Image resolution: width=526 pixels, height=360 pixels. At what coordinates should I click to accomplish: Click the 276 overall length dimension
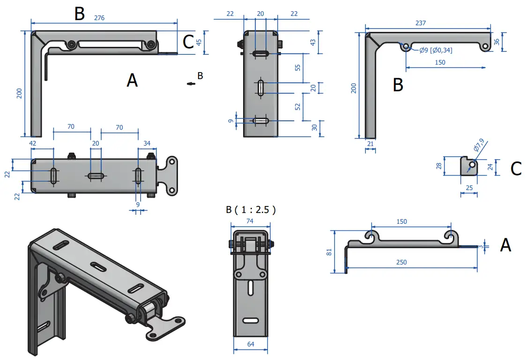[99, 18]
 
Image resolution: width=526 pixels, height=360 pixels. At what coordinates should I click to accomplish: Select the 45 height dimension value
[199, 42]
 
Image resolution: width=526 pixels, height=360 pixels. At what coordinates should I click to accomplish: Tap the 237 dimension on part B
[427, 23]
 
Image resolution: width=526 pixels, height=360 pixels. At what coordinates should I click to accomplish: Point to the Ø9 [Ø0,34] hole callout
[436, 50]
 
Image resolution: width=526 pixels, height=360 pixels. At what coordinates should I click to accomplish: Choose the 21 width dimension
[370, 144]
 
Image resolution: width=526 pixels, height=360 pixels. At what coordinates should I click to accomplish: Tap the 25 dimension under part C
[469, 187]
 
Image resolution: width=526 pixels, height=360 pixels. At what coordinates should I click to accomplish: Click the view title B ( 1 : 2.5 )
[251, 209]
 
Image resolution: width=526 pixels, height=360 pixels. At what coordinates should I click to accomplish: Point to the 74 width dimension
[250, 221]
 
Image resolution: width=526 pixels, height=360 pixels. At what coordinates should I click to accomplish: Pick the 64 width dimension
[250, 345]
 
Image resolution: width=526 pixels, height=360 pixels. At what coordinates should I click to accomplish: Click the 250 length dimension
[401, 262]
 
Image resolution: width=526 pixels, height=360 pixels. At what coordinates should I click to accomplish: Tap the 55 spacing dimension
[298, 67]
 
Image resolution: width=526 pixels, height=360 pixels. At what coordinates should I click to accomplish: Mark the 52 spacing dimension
[298, 106]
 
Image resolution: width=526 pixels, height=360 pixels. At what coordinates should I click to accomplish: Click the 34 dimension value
[147, 143]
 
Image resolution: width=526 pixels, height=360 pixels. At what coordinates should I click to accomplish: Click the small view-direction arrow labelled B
[190, 83]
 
